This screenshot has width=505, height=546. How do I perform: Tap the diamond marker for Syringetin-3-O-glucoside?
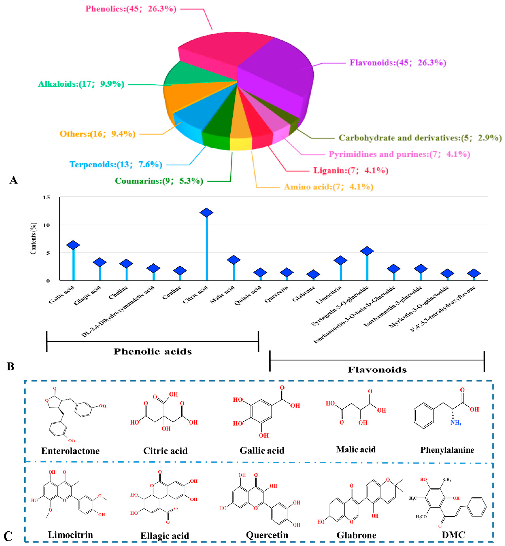click(367, 251)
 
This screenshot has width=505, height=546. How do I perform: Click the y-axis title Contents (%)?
click(33, 238)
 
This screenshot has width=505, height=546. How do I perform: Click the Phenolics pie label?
click(131, 9)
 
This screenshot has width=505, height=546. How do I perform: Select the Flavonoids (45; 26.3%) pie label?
click(398, 63)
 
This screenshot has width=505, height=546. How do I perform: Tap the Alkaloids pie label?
click(81, 84)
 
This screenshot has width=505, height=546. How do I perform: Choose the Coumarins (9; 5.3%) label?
click(159, 181)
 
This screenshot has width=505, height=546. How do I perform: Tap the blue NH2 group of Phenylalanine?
click(456, 423)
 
